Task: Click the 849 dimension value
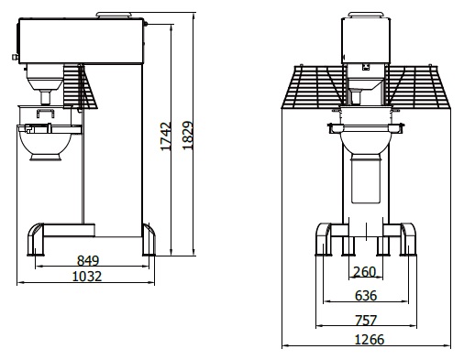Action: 88,260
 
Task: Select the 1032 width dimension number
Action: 87,277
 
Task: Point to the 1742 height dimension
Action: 166,136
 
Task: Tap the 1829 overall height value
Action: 188,136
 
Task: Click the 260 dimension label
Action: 364,272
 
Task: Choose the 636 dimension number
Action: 366,296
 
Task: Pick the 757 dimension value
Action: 366,321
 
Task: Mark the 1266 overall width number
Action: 369,340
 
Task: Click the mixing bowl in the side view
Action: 46,144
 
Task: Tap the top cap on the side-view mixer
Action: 114,15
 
